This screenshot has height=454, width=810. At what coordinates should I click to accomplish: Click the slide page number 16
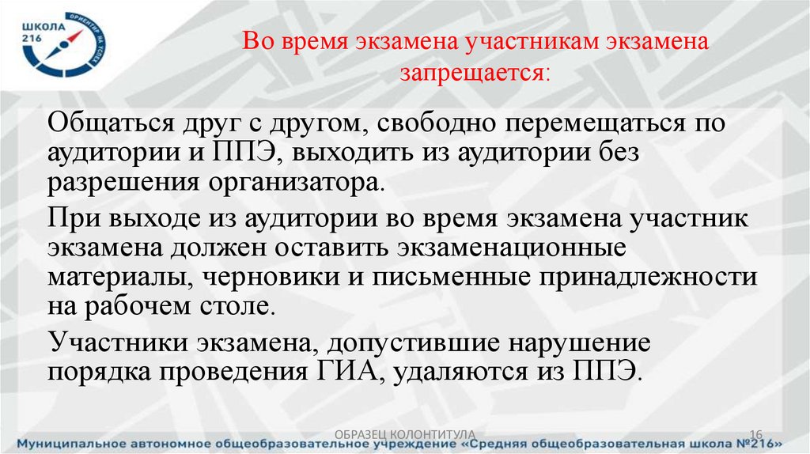coord(754,433)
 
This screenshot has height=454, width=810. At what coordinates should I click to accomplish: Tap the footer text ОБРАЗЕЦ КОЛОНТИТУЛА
coord(405,433)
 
